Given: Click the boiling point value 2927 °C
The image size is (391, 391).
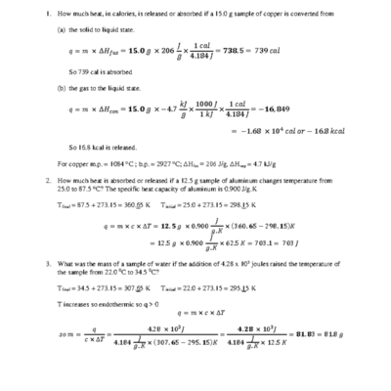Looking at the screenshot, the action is pyautogui.click(x=171, y=163).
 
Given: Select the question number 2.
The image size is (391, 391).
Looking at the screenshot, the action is pyautogui.click(x=47, y=181).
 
